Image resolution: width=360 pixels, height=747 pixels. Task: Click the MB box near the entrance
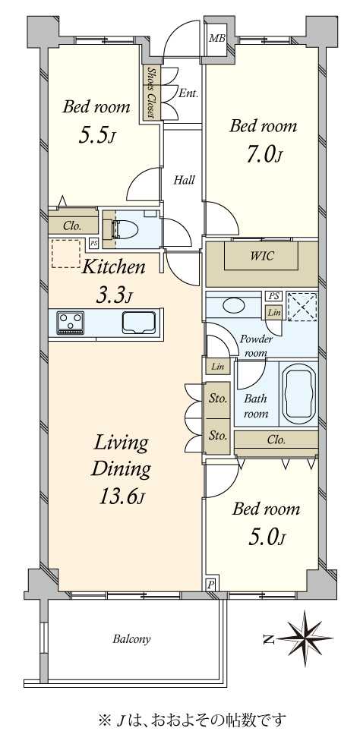(x=217, y=38)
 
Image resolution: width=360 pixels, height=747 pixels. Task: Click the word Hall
(x=184, y=180)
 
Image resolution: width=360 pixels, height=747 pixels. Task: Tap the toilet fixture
(x=125, y=229)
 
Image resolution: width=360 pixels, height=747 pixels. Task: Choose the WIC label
(x=262, y=256)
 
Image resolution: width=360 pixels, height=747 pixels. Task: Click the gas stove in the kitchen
(x=70, y=323)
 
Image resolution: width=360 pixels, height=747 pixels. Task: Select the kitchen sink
(x=139, y=323)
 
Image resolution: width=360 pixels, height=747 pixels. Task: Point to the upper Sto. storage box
(x=218, y=399)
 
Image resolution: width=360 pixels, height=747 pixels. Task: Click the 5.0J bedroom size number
(x=266, y=538)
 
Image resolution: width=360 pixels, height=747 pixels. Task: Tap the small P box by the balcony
(x=210, y=585)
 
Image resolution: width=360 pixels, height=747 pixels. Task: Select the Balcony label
(x=131, y=639)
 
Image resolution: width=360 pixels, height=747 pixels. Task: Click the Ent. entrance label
(x=188, y=93)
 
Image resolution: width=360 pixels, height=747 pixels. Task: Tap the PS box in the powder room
(x=273, y=296)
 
